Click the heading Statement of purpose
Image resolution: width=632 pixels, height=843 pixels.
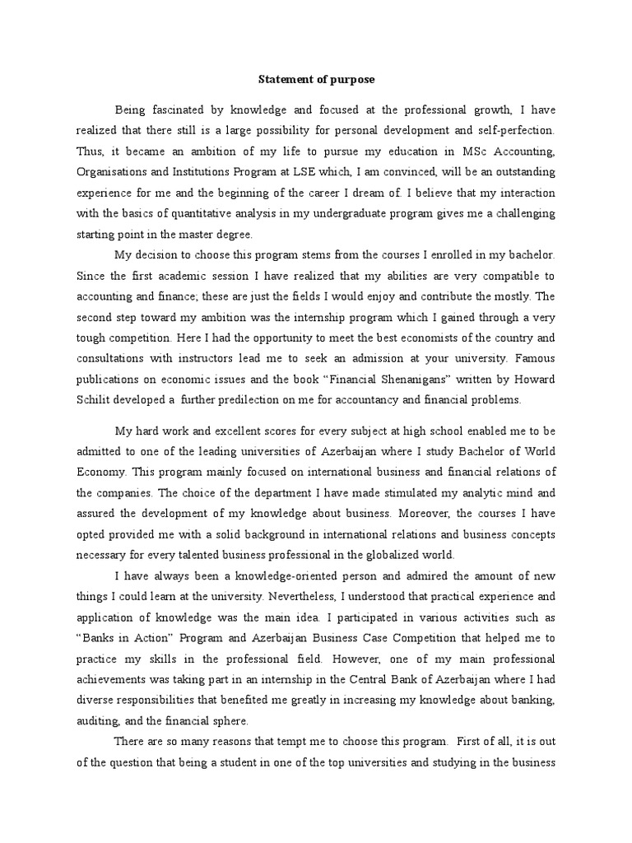point(316,80)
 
